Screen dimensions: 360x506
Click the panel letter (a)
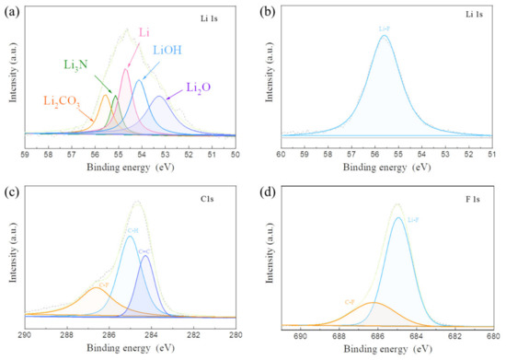(x=13, y=11)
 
